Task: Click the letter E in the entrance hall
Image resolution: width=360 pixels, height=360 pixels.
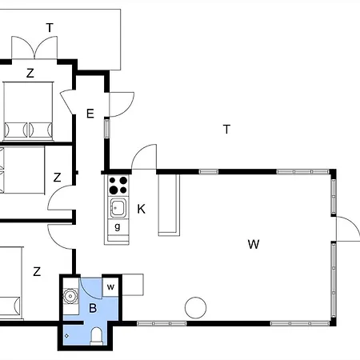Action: click(x=90, y=114)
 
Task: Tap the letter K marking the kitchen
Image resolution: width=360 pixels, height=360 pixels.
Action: click(x=142, y=209)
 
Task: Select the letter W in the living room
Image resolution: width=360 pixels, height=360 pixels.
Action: click(x=254, y=244)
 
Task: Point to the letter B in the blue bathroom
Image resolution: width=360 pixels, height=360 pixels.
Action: click(x=93, y=308)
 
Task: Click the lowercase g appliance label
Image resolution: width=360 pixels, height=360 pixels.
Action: click(x=118, y=226)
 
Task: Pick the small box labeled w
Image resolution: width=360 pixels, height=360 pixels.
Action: click(x=110, y=287)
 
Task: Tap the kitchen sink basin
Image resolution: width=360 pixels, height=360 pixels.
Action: click(x=118, y=207)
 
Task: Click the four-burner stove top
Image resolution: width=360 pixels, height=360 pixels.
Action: click(x=118, y=185)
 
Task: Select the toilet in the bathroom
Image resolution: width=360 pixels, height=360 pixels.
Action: click(x=96, y=336)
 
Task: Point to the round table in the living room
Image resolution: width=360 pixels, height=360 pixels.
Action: click(x=195, y=308)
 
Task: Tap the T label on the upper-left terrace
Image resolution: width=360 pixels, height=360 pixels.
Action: click(x=50, y=28)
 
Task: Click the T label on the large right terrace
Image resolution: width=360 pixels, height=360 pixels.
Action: click(x=226, y=130)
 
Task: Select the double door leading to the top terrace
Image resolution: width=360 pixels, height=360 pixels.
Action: click(x=34, y=48)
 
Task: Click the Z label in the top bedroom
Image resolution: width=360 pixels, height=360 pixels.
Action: click(x=30, y=73)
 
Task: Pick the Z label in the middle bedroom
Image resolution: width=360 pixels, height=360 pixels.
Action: click(x=57, y=178)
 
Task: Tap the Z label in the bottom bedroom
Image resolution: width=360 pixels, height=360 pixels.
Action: click(x=37, y=271)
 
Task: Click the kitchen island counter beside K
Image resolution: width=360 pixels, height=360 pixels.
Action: click(x=169, y=205)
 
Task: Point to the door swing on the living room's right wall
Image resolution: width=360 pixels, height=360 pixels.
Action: click(x=347, y=229)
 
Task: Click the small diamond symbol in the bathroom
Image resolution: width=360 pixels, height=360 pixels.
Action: click(x=66, y=336)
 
